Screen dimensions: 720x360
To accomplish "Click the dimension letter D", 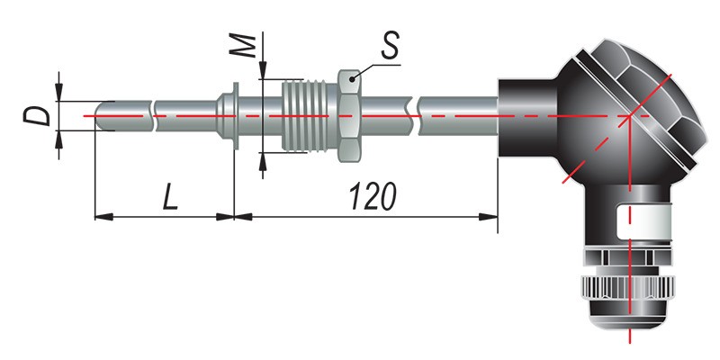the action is (37, 116).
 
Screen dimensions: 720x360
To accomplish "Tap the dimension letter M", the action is (242, 46).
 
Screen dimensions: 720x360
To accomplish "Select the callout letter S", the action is (391, 46).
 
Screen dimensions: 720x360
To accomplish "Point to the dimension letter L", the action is (170, 196).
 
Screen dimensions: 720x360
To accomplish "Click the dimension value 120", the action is (373, 196).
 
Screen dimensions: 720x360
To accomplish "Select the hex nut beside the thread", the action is (351, 116).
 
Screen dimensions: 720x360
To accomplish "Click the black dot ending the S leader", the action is (352, 79).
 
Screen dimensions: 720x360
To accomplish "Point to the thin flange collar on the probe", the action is (236, 116).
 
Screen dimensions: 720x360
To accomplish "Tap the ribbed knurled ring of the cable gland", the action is (628, 288).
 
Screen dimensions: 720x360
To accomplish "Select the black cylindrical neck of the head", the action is (528, 119).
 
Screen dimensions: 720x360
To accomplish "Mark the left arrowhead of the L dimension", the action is (103, 217).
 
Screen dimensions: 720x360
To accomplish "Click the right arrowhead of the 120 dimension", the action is (489, 217).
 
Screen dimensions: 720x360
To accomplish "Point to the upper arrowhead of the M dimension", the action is (263, 70).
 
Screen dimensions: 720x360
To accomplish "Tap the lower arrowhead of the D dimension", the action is (58, 139).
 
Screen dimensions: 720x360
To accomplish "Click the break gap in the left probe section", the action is (153, 116).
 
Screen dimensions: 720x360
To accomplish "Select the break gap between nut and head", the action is (415, 116).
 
